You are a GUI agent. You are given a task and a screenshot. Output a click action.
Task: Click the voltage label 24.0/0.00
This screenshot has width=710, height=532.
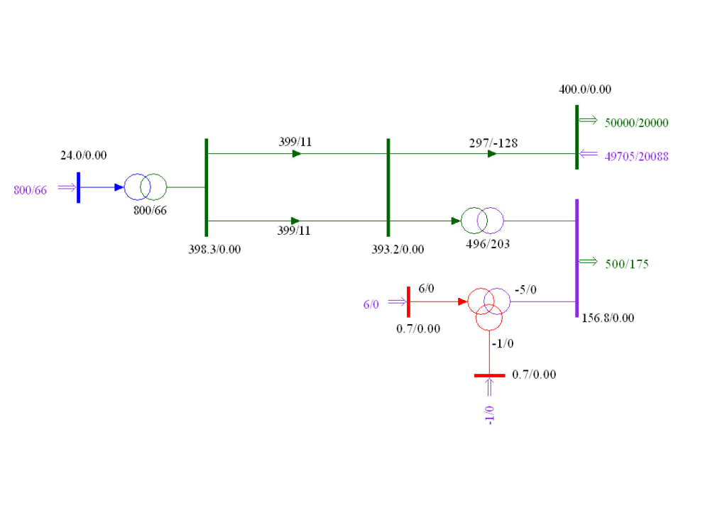[x=84, y=155]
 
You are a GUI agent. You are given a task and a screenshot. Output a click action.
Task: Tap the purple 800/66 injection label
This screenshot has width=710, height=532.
[x=31, y=190]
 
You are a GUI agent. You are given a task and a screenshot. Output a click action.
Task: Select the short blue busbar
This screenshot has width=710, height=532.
[x=78, y=187]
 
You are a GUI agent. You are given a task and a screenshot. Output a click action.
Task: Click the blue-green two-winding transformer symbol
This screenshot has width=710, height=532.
[x=146, y=187]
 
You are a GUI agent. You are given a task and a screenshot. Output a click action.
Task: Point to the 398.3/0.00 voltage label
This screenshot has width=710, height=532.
[x=214, y=249]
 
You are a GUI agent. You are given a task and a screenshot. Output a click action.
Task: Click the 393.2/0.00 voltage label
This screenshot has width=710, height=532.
[x=398, y=249]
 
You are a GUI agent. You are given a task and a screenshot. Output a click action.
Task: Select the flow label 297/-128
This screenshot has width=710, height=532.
[x=493, y=143]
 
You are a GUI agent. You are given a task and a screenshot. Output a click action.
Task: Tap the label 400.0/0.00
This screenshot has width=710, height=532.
[x=585, y=89]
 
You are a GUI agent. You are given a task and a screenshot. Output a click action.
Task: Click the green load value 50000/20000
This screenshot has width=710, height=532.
[x=637, y=123]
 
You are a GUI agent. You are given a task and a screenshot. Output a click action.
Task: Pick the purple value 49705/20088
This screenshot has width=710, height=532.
[x=637, y=157]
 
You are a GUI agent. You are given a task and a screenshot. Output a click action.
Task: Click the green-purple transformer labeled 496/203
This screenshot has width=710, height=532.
[x=482, y=221]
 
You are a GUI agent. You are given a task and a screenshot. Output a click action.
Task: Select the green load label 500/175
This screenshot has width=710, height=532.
[x=627, y=264]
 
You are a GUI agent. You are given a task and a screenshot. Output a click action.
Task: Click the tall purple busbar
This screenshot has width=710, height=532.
[x=577, y=258]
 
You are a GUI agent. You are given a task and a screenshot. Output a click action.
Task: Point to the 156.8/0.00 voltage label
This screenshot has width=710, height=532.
[x=608, y=318]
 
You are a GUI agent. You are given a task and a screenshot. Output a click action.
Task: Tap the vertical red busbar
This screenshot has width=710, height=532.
[x=408, y=301]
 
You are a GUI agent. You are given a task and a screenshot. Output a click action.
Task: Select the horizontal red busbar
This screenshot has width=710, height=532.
[x=489, y=375]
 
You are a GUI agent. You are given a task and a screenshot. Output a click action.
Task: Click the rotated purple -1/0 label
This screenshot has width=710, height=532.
[x=489, y=415]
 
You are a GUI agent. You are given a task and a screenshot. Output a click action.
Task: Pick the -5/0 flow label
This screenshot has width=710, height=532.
[x=525, y=289]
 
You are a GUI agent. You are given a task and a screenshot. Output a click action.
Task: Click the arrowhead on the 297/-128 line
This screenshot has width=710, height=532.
[x=492, y=154]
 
